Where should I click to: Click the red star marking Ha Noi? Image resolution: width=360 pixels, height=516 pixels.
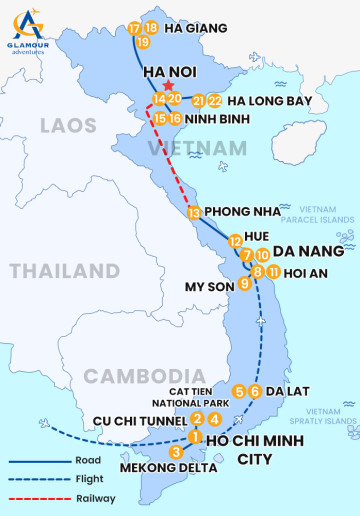click(167, 87)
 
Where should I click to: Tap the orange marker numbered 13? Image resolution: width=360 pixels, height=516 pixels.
click(194, 212)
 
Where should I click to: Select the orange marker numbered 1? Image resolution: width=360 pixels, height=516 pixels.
click(195, 437)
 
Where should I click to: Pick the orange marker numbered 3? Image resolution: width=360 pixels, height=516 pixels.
click(176, 452)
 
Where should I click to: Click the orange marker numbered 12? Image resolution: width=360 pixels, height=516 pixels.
click(235, 241)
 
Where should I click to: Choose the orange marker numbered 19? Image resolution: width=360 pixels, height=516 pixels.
click(143, 42)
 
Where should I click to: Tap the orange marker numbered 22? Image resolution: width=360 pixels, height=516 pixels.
click(215, 101)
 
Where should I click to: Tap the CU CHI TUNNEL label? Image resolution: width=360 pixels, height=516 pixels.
click(138, 420)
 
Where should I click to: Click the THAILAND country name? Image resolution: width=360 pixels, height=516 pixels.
click(64, 271)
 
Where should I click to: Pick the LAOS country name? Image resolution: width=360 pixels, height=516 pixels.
click(68, 125)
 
